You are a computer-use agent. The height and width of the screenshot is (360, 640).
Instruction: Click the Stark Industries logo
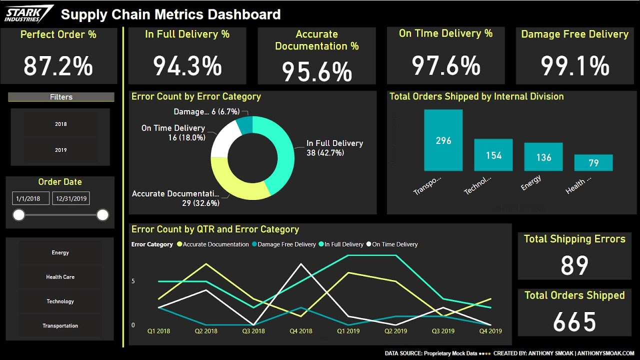28,13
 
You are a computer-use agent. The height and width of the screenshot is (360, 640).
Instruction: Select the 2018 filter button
60,124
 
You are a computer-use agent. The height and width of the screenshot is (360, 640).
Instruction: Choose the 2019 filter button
60,150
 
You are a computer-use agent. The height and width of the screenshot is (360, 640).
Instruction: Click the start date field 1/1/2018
30,198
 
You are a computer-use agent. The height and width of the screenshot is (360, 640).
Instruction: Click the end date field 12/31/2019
71,198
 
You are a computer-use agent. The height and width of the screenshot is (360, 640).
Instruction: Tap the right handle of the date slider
102,215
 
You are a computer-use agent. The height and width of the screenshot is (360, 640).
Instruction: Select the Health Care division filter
60,277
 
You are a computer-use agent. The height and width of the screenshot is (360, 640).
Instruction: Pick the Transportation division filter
60,326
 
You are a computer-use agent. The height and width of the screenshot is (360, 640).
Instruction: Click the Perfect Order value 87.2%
58,66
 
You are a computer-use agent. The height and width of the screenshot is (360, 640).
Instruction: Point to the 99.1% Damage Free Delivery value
575,66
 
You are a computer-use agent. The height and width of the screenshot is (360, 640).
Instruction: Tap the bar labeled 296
443,140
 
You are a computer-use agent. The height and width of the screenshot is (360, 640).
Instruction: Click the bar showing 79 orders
593,163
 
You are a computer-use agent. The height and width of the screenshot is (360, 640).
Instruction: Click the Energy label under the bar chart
530,182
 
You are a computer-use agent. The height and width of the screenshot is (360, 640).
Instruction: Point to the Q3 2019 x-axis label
443,331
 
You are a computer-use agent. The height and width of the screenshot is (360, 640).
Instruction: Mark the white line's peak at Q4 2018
300,263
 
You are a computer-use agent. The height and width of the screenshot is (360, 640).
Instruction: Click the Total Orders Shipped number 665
574,322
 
